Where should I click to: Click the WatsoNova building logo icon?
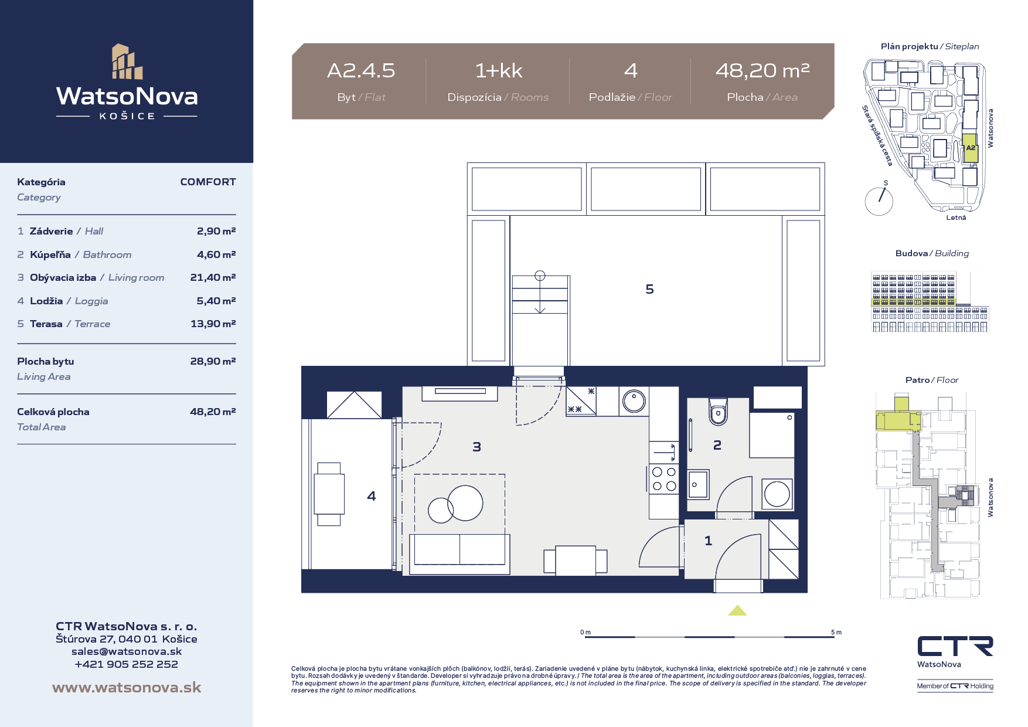point(127,62)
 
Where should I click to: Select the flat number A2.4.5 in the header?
point(361,71)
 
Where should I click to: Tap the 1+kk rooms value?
point(498,71)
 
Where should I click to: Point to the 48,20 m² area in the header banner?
point(763,70)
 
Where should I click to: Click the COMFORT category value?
point(208,182)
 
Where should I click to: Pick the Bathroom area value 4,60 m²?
point(216,254)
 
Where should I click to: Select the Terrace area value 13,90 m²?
point(213,324)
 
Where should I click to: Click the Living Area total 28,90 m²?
point(213,361)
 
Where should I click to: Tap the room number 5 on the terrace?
point(649,289)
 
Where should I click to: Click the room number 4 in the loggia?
point(371,496)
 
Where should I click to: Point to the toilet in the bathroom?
point(718,411)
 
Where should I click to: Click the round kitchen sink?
point(634,402)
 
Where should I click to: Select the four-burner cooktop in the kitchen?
point(664,479)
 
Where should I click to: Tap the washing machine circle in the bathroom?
point(777,494)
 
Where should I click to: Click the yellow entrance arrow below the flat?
point(737,610)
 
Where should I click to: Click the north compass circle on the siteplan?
point(879,201)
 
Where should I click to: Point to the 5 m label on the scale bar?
point(836,632)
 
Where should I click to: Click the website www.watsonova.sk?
point(127,688)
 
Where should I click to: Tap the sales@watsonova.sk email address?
point(127,651)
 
